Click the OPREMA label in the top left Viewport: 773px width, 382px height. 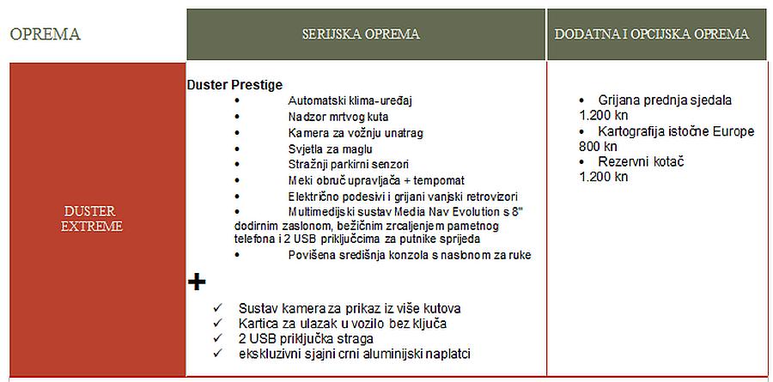(x=45, y=34)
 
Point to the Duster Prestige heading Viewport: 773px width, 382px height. (x=234, y=85)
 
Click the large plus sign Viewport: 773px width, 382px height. (x=197, y=282)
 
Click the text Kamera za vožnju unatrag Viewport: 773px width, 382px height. (x=356, y=133)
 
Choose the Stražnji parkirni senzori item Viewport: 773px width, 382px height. (x=348, y=165)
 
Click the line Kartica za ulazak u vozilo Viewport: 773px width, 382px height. (x=343, y=323)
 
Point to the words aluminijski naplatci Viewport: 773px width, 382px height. (x=429, y=354)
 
